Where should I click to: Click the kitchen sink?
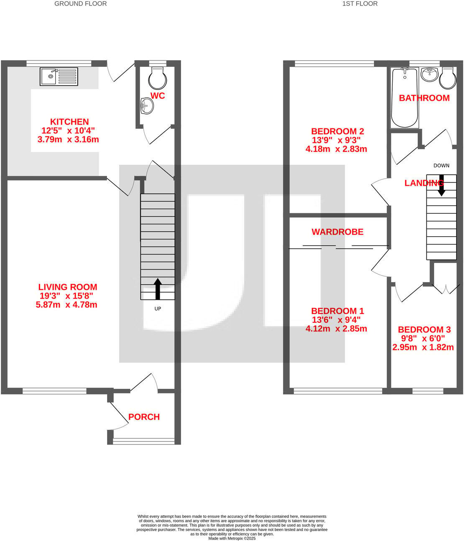pyautogui.click(x=59, y=77)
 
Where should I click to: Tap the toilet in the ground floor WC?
pyautogui.click(x=157, y=77)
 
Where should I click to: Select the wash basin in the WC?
pyautogui.click(x=147, y=106)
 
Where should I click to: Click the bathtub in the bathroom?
pyautogui.click(x=404, y=97)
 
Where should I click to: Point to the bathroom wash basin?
pyautogui.click(x=429, y=74)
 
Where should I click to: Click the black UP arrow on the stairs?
pyautogui.click(x=158, y=289)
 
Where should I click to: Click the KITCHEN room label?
pyautogui.click(x=69, y=122)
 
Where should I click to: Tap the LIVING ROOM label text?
pyautogui.click(x=68, y=287)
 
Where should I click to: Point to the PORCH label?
pyautogui.click(x=144, y=417)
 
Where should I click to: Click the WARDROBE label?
pyautogui.click(x=337, y=232)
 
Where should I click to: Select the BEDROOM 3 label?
pyautogui.click(x=424, y=329)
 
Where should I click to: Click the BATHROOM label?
pyautogui.click(x=424, y=98)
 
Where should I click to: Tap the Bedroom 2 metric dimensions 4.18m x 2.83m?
pyautogui.click(x=336, y=149)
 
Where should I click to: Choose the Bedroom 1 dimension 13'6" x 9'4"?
pyautogui.click(x=336, y=320)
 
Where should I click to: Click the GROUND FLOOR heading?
pyautogui.click(x=81, y=4)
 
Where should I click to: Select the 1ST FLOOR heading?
pyautogui.click(x=360, y=4)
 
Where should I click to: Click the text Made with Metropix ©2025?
pyautogui.click(x=232, y=538)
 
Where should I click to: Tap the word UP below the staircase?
pyautogui.click(x=158, y=309)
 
